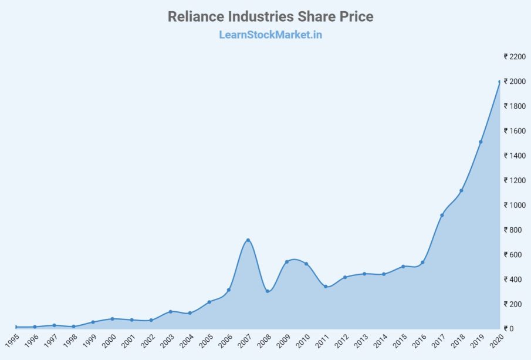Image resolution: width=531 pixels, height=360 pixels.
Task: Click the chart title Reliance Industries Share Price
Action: coord(270,16)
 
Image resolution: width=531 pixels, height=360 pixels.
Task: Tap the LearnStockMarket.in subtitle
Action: coord(270,35)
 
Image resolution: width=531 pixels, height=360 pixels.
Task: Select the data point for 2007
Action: coord(248,240)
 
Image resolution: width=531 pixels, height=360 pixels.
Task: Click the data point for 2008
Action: coord(268,291)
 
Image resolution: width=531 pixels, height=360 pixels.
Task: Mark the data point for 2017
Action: coord(442,215)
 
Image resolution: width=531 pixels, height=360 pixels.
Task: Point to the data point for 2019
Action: coord(481,142)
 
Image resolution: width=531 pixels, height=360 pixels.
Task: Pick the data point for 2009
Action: coord(287,262)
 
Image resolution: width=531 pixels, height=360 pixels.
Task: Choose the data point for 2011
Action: coord(326,287)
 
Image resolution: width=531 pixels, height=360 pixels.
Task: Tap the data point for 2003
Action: coord(170,311)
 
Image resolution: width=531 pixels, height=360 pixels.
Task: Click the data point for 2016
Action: coord(422,262)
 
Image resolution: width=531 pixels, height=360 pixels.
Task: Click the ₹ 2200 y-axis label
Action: coord(515,56)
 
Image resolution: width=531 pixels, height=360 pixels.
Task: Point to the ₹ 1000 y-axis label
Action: coord(515,205)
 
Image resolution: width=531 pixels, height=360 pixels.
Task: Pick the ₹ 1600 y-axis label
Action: coord(515,131)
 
